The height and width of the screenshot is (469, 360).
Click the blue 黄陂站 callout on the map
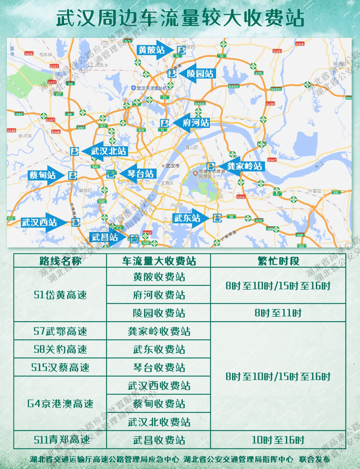pyautogui.click(x=151, y=50)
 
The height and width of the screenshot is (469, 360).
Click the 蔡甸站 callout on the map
pyautogui.click(x=42, y=175)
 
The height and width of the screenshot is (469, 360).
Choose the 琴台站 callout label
pyautogui.click(x=140, y=174)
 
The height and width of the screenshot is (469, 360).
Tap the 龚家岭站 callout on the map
pyautogui.click(x=244, y=166)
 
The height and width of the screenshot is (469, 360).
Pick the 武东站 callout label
pyautogui.click(x=187, y=218)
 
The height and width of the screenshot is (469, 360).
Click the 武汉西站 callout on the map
pyautogui.click(x=39, y=222)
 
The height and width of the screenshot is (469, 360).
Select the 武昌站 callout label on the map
pyautogui.click(x=105, y=237)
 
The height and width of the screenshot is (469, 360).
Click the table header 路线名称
pyautogui.click(x=60, y=261)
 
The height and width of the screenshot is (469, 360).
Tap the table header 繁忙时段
pyautogui.click(x=278, y=261)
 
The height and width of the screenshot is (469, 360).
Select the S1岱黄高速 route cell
pyautogui.click(x=60, y=295)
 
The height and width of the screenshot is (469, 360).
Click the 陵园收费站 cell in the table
pyautogui.click(x=159, y=313)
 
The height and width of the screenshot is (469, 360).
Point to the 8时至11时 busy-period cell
pyautogui.click(x=278, y=313)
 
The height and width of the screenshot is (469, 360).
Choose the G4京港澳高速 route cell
pyautogui.click(x=60, y=403)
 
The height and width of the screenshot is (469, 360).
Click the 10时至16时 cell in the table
pyautogui.click(x=278, y=440)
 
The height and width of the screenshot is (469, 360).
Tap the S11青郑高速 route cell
pyautogui.click(x=60, y=440)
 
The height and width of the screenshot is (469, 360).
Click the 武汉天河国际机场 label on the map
pyautogui.click(x=154, y=88)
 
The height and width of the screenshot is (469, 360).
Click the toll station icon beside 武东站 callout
pyautogui.click(x=217, y=218)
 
